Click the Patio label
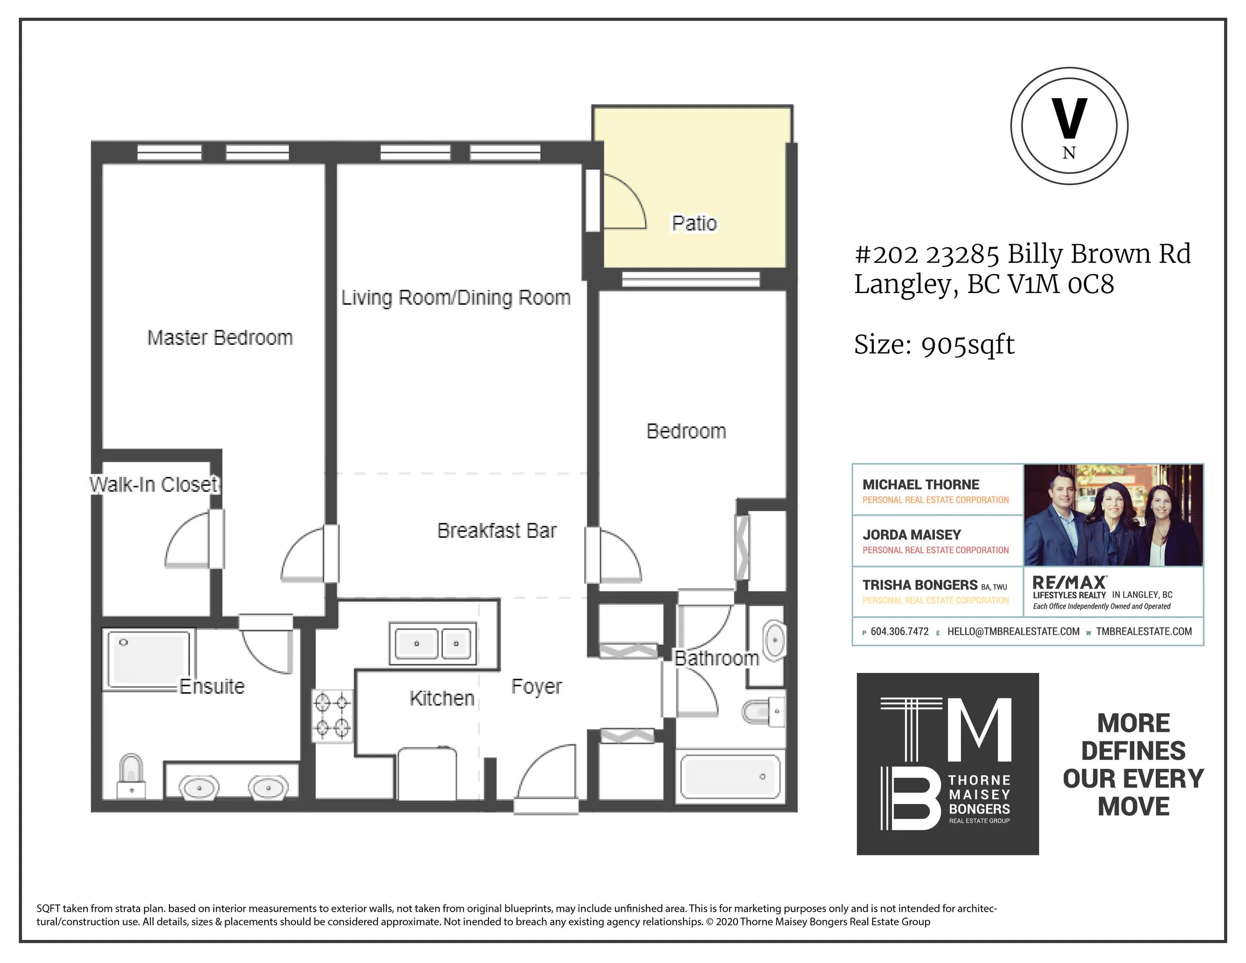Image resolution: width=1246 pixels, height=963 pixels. (694, 223)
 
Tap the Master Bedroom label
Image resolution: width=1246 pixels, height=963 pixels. (220, 338)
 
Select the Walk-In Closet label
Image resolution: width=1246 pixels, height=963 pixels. (154, 484)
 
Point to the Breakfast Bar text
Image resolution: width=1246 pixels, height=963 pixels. (497, 530)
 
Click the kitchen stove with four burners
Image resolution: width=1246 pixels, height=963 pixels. (332, 715)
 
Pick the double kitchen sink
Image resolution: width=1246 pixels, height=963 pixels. (433, 643)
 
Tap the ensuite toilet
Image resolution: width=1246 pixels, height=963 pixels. (131, 777)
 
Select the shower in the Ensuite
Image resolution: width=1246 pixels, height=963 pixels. (149, 659)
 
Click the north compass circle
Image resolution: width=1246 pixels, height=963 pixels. (1069, 126)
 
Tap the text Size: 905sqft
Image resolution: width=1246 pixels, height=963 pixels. (934, 344)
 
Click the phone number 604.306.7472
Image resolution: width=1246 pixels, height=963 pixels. (900, 632)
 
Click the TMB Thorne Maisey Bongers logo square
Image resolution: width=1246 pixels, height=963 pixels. (947, 764)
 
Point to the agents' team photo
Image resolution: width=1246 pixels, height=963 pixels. (1113, 515)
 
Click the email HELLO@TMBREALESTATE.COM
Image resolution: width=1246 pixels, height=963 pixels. (1013, 632)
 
